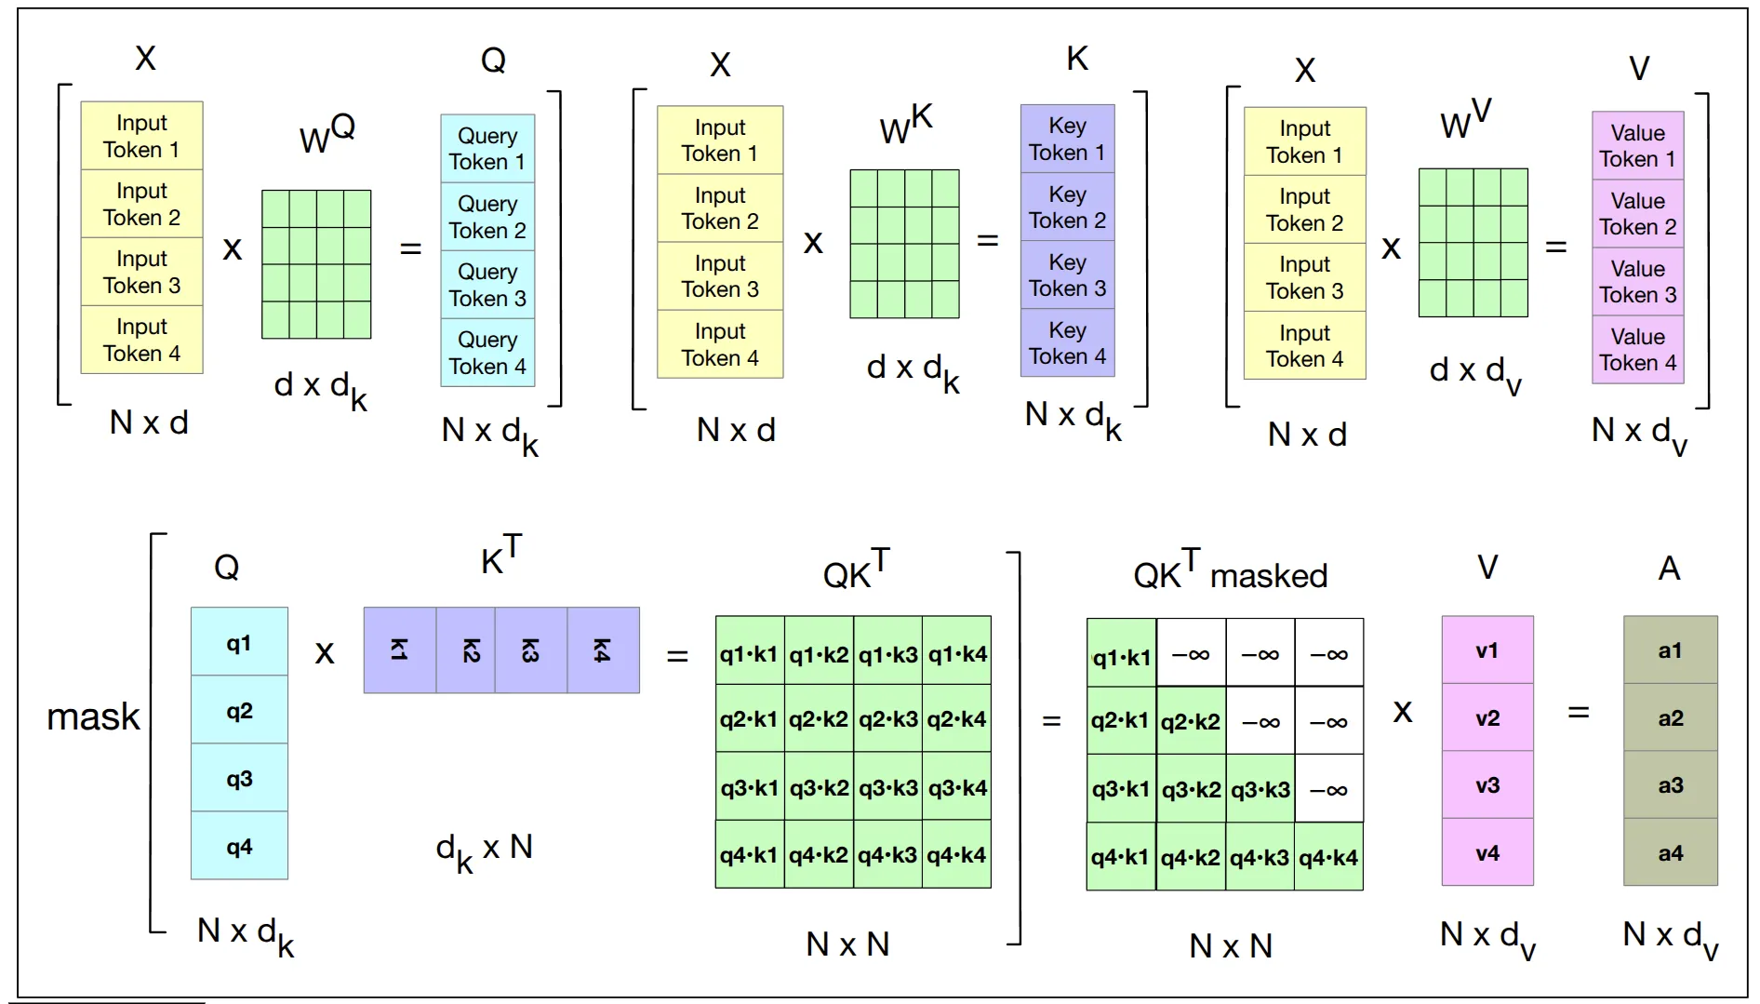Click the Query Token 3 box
click(487, 285)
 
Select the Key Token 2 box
click(1067, 207)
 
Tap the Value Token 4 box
click(1637, 350)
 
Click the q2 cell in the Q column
click(239, 712)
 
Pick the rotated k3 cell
click(530, 650)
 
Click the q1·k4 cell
click(957, 654)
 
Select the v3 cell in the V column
click(1487, 785)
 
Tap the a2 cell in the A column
click(1670, 718)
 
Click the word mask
click(93, 716)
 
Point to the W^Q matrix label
click(327, 134)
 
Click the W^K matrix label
click(906, 125)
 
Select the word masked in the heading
click(1268, 576)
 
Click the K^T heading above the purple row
click(501, 556)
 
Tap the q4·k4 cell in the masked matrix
click(1328, 858)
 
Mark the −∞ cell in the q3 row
click(1328, 790)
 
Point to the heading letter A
click(1669, 569)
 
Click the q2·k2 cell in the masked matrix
click(1191, 722)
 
